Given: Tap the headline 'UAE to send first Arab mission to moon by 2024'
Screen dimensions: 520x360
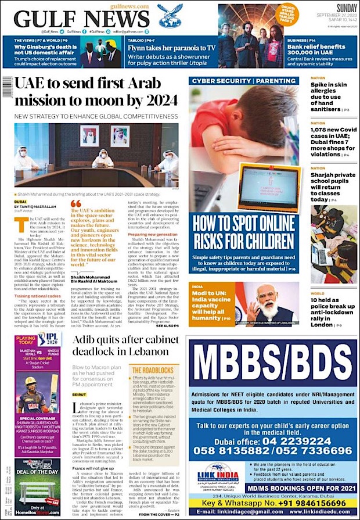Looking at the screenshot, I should (96, 94).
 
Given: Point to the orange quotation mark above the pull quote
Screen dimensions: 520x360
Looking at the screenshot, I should (75, 203).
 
